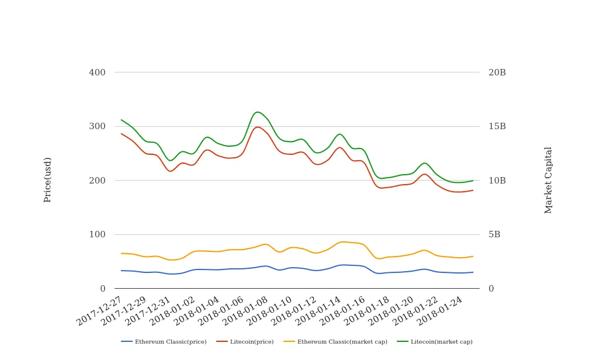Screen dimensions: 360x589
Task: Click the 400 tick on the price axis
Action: pos(97,72)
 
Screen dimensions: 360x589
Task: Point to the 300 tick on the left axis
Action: pos(97,126)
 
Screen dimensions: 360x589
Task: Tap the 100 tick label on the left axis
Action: pos(97,234)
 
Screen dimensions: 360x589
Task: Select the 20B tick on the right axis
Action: pos(497,72)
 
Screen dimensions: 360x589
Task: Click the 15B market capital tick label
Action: pos(497,126)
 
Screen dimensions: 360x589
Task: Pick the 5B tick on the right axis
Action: pos(494,234)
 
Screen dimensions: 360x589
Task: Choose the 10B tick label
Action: pos(497,181)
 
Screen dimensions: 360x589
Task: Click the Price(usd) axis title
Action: pos(48,179)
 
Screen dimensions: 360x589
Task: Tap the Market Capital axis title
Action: pos(548,179)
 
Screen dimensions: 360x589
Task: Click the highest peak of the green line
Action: pos(258,112)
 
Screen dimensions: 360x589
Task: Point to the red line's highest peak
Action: pos(258,127)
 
